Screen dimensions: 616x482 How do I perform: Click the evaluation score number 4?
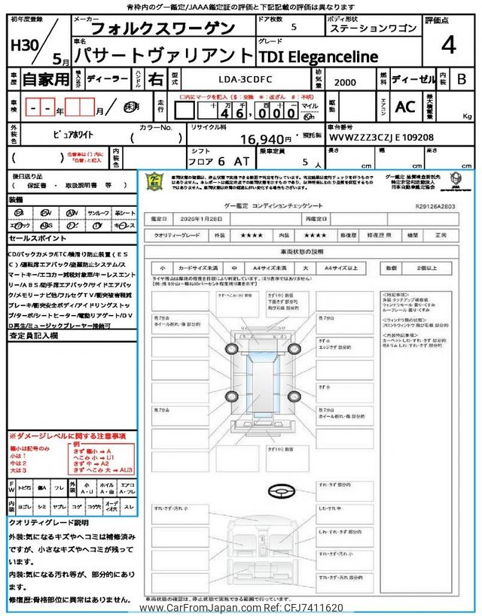(448, 46)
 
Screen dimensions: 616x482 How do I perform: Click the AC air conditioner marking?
(405, 107)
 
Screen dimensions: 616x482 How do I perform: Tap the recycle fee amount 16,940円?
(266, 139)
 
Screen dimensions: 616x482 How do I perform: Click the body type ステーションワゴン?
(373, 28)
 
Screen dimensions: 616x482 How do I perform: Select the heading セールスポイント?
(37, 238)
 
